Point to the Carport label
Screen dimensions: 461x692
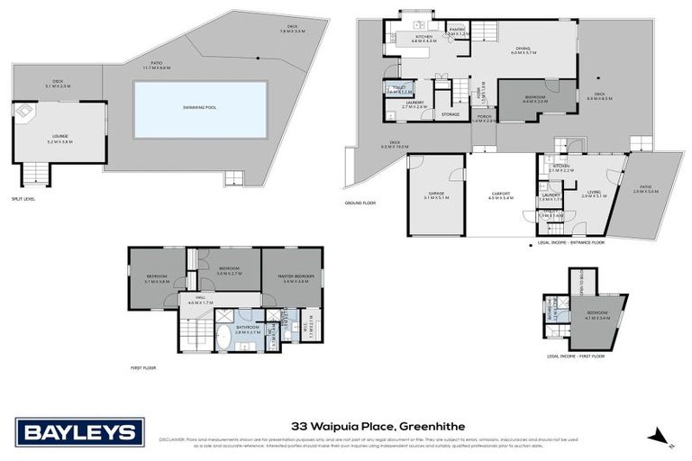(501, 194)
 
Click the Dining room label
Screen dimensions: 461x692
(523, 51)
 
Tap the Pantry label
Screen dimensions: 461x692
(458, 30)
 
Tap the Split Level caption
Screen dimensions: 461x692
(23, 198)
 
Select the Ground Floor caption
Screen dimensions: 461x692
(360, 203)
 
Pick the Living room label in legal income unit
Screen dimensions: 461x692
(594, 193)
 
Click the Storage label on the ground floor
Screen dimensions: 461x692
(451, 114)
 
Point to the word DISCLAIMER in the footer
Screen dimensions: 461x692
(173, 439)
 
